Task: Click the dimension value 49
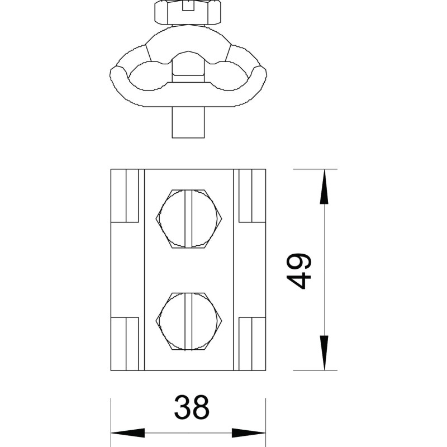click(299, 271)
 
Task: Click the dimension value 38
click(192, 407)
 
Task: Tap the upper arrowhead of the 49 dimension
click(324, 187)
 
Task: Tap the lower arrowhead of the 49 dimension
click(324, 353)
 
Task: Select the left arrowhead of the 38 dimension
click(128, 432)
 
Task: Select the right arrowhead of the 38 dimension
click(249, 432)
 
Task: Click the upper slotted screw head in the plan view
click(188, 218)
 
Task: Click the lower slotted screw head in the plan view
click(188, 321)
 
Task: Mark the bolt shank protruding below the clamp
click(188, 122)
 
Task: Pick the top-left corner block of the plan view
click(125, 196)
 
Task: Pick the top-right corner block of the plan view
click(253, 196)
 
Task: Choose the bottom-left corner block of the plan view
click(125, 344)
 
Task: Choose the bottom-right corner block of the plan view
click(253, 344)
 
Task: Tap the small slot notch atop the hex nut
click(188, 6)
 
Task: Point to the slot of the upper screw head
click(188, 218)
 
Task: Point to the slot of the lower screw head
click(188, 321)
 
